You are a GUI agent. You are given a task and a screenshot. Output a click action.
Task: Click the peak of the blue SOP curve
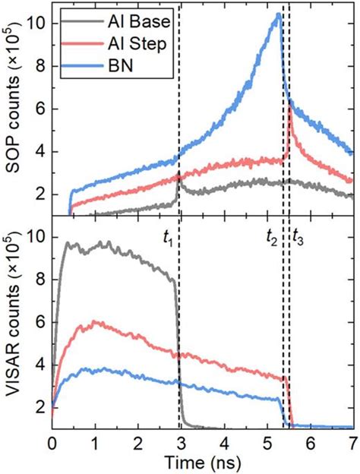[x=279, y=14]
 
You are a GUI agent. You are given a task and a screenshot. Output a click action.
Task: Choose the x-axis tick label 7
[x=352, y=443]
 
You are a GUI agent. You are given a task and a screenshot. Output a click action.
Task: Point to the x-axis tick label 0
[x=52, y=443]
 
